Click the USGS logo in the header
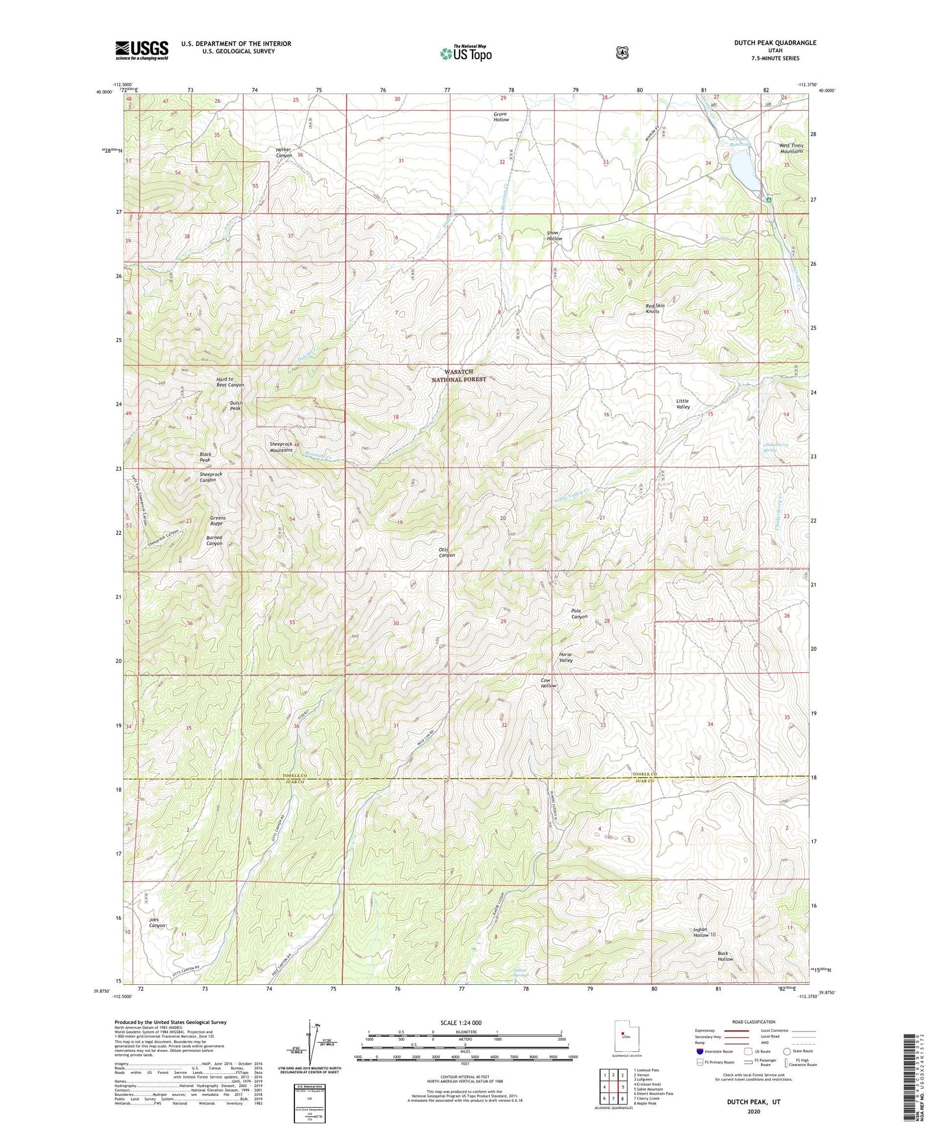tap(142, 50)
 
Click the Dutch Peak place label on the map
tap(237, 406)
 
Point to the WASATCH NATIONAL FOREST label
tap(459, 376)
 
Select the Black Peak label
tap(205, 457)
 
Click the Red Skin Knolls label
tap(655, 308)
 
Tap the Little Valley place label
tap(682, 404)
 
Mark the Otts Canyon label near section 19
tap(446, 553)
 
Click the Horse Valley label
tap(565, 657)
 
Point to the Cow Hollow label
tap(548, 683)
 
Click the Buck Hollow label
tap(725, 956)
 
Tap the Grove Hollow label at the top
tap(500, 117)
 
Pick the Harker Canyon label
tap(284, 152)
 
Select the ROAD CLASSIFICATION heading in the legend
tap(753, 1022)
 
